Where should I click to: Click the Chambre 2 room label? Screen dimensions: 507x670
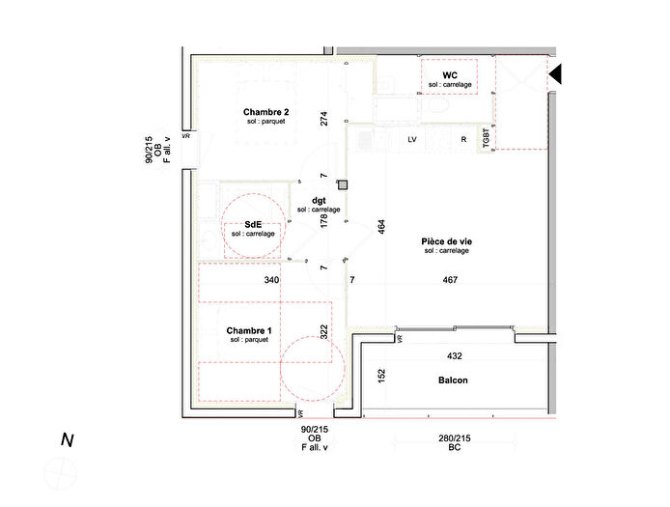(x=266, y=112)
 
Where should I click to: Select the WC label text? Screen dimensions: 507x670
(x=450, y=75)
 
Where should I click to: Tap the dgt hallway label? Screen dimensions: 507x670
(x=319, y=200)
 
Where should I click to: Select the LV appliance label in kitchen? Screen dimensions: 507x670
(x=412, y=140)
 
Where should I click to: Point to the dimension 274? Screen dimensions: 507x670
(x=325, y=119)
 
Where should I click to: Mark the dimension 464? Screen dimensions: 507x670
(x=381, y=227)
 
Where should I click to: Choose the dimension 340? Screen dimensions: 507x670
(x=272, y=281)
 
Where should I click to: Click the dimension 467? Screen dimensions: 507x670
(x=450, y=281)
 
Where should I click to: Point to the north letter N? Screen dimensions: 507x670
(x=68, y=440)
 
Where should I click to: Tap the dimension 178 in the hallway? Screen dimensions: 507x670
(x=325, y=221)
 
